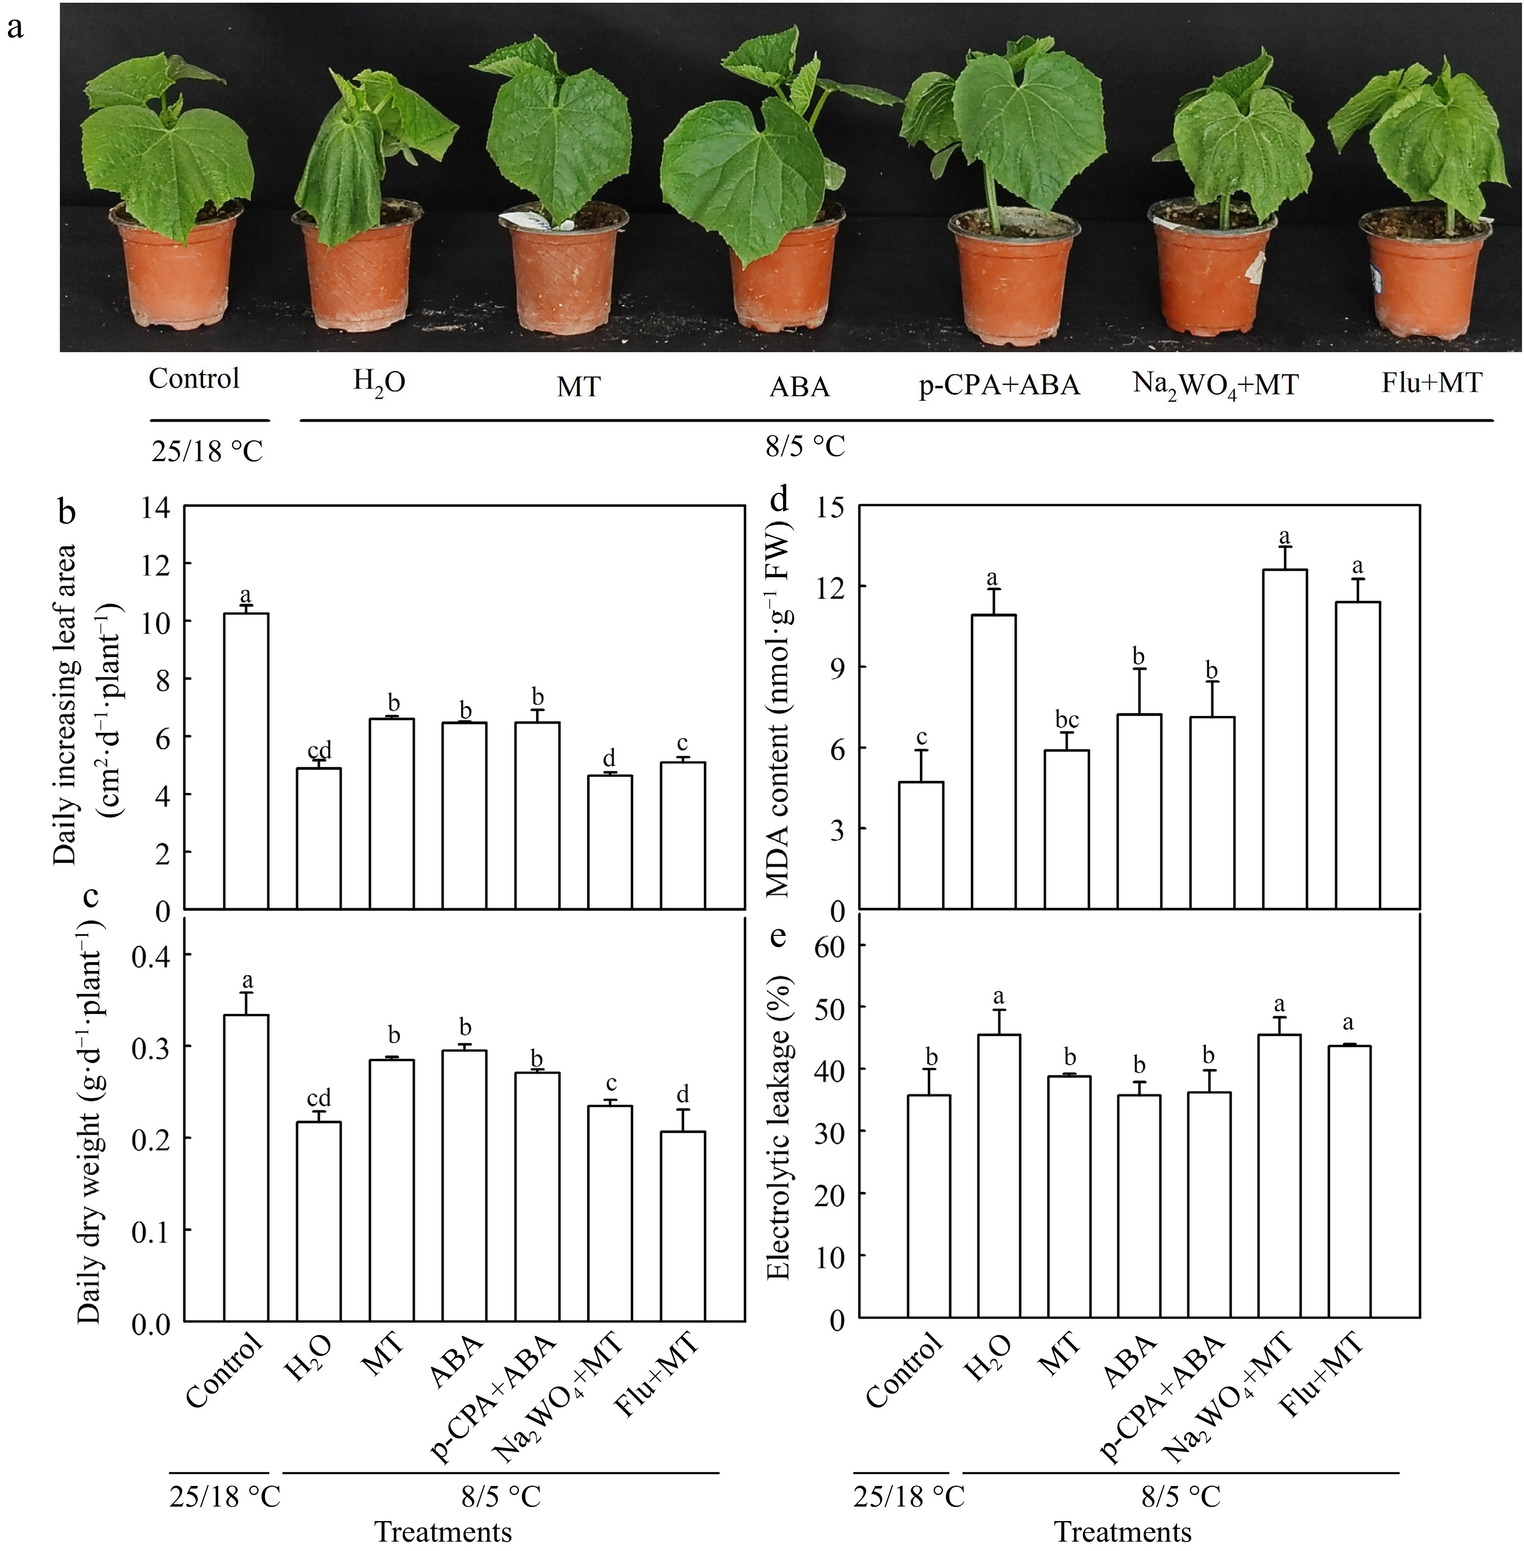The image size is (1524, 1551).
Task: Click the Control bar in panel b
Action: pos(246,761)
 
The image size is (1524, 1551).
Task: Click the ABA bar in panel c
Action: pos(464,1185)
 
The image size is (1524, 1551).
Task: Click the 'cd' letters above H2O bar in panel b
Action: pos(318,749)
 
